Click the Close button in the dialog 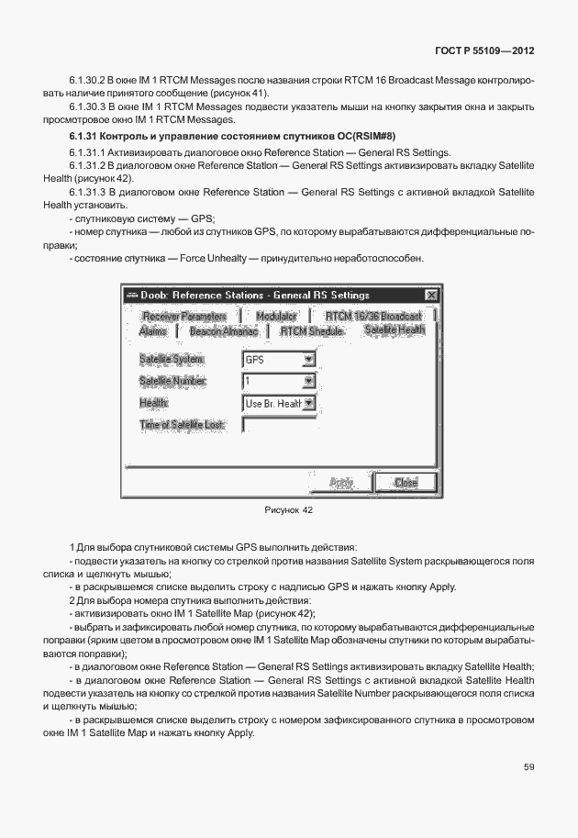(405, 482)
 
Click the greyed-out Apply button (341, 482)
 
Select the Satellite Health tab (395, 330)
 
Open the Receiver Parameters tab (183, 316)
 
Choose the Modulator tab (276, 316)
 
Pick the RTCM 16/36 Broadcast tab (372, 316)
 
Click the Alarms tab (153, 330)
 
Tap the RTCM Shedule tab (312, 330)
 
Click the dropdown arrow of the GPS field (308, 360)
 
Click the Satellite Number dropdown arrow (308, 381)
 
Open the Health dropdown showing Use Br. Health (308, 403)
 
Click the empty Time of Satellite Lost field (279, 424)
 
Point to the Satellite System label (172, 360)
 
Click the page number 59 (529, 766)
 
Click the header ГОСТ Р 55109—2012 (484, 51)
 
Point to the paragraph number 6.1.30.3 (88, 107)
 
